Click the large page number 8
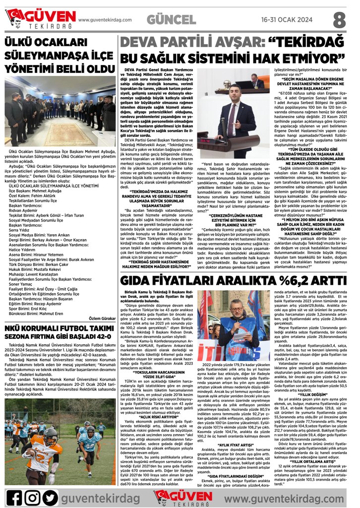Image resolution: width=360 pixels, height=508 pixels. pyautogui.click(x=339, y=19)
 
